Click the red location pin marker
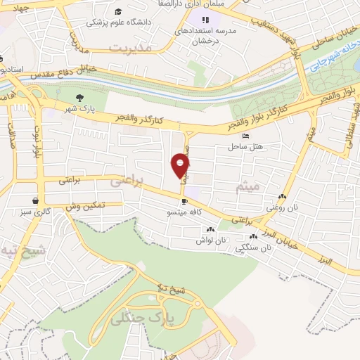coord(181,166)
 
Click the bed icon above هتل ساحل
coord(245,136)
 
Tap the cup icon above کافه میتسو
coord(184,201)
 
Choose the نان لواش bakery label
coord(212,240)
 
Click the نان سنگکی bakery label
coord(255,247)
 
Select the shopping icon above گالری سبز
coord(35,200)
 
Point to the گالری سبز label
coord(36,211)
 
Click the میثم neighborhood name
coord(250,185)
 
